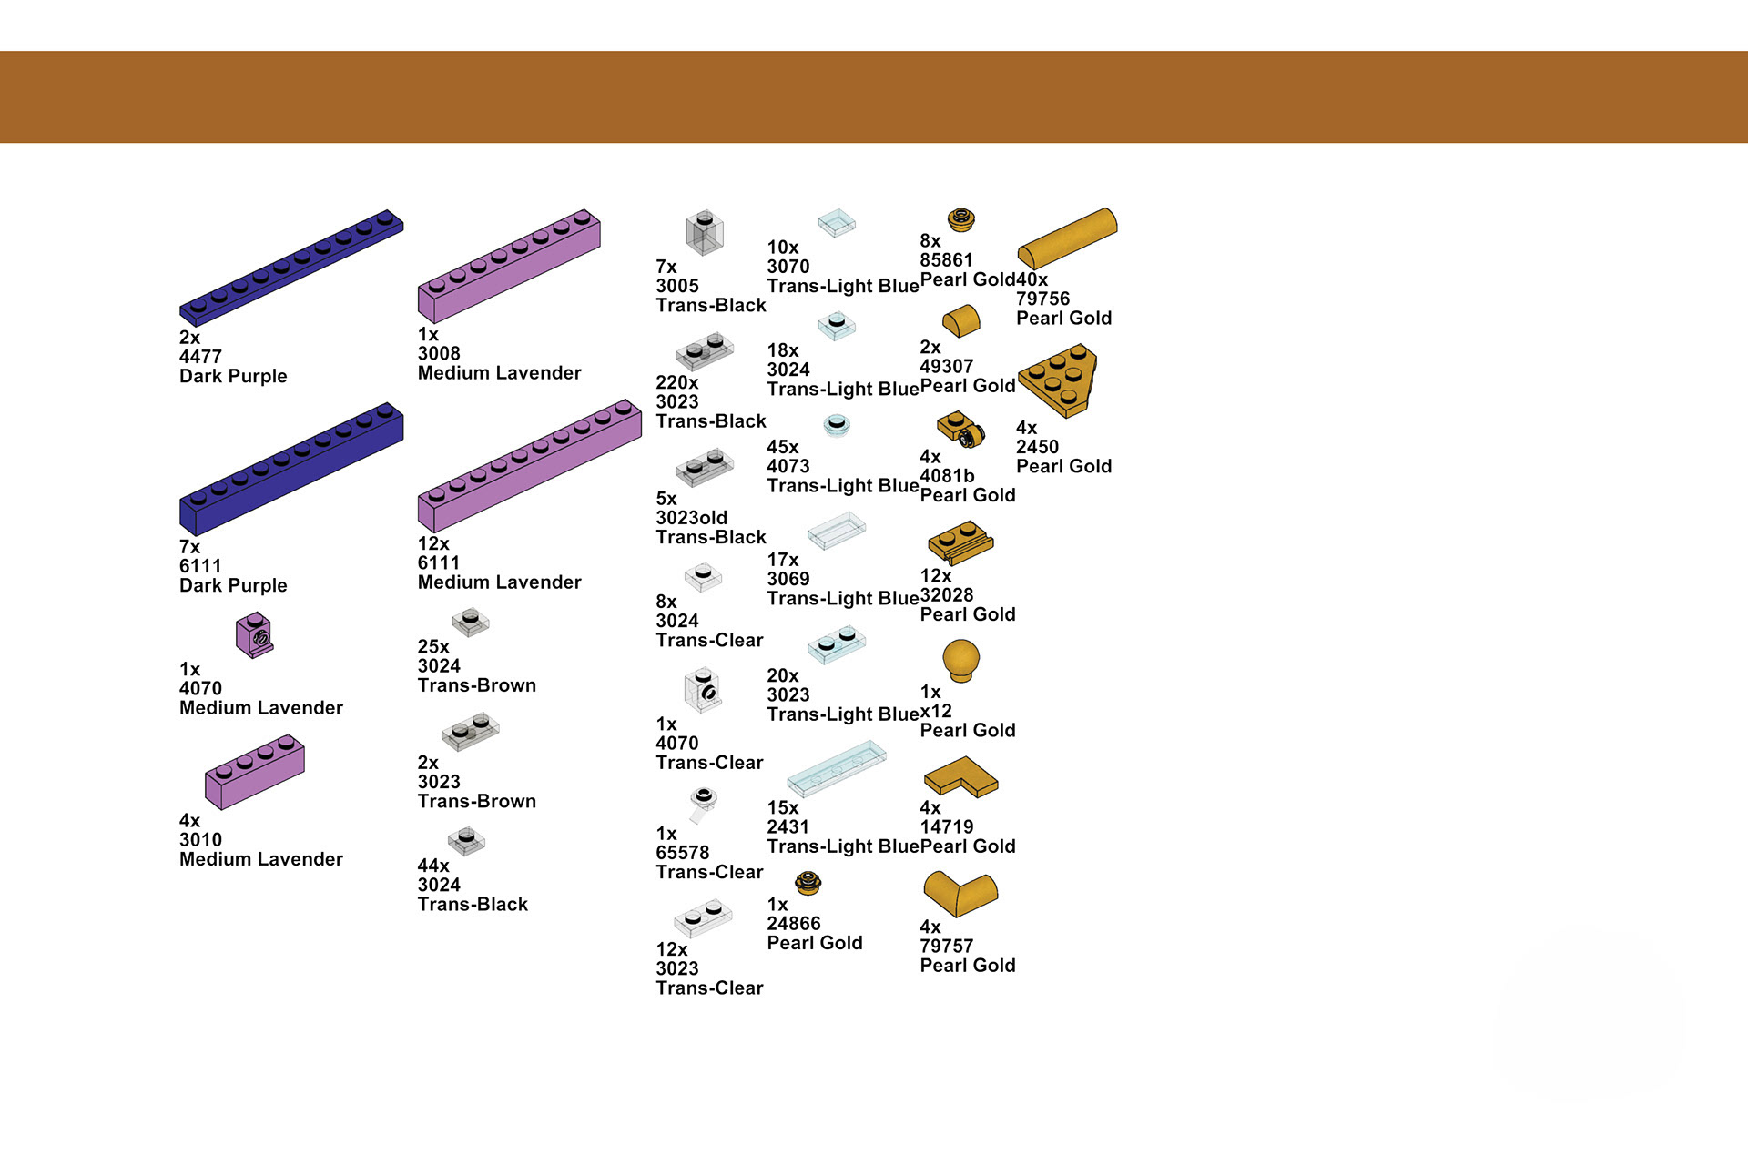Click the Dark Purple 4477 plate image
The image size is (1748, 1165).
(291, 268)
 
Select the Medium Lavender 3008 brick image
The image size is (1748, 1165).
(509, 266)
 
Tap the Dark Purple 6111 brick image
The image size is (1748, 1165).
(291, 469)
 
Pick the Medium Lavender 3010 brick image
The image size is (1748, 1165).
(255, 772)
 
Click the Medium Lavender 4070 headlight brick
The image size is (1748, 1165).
(254, 634)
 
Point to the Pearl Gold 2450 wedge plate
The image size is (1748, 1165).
(1058, 380)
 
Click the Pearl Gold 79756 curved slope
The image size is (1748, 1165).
(1067, 238)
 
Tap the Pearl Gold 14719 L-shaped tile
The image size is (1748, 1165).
(960, 776)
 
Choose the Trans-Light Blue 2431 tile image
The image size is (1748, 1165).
(837, 768)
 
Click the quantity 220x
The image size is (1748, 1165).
(677, 382)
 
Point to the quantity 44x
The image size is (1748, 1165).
(433, 866)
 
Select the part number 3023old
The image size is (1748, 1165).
(692, 518)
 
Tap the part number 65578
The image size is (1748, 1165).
(683, 853)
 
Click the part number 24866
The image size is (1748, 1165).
(794, 924)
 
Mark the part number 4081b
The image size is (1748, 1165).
(947, 476)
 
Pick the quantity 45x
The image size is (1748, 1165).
(783, 447)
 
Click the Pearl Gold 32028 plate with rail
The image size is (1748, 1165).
(960, 543)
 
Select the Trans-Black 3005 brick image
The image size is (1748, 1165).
(704, 232)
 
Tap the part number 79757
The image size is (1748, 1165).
(947, 947)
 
